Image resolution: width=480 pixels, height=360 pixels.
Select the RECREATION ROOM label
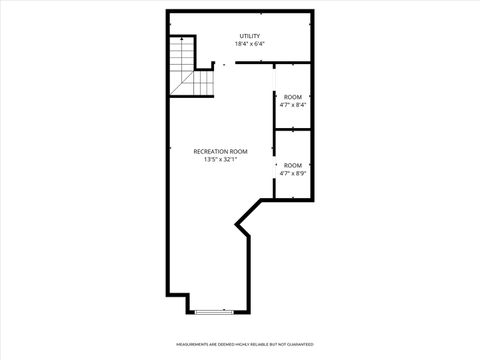click(220, 151)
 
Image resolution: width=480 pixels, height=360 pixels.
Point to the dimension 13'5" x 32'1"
click(220, 159)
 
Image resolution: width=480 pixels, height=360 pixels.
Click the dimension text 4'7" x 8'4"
click(293, 104)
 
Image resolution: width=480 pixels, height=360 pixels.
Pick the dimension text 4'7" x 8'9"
click(293, 172)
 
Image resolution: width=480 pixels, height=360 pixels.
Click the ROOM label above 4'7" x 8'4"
click(293, 97)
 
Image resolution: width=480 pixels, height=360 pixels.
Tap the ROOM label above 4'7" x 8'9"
click(293, 165)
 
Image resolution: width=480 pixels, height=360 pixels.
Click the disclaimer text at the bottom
click(240, 345)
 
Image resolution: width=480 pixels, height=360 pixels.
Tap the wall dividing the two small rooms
click(293, 129)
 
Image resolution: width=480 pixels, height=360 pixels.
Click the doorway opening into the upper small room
click(275, 79)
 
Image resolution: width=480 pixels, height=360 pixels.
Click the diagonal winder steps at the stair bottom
click(180, 82)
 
